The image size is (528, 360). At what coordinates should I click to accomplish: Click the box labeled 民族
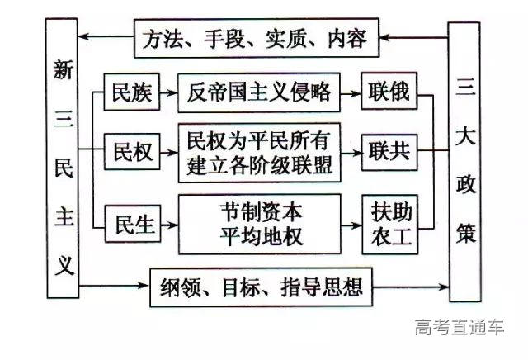(132, 92)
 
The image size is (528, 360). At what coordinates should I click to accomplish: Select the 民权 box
(132, 152)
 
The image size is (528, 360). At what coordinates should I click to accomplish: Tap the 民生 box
(132, 224)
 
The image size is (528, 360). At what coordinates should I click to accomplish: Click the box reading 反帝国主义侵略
(260, 92)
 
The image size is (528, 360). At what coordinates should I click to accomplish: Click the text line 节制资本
(260, 212)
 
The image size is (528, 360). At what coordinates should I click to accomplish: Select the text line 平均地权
(260, 237)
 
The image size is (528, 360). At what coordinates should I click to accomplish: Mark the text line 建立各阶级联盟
(260, 165)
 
